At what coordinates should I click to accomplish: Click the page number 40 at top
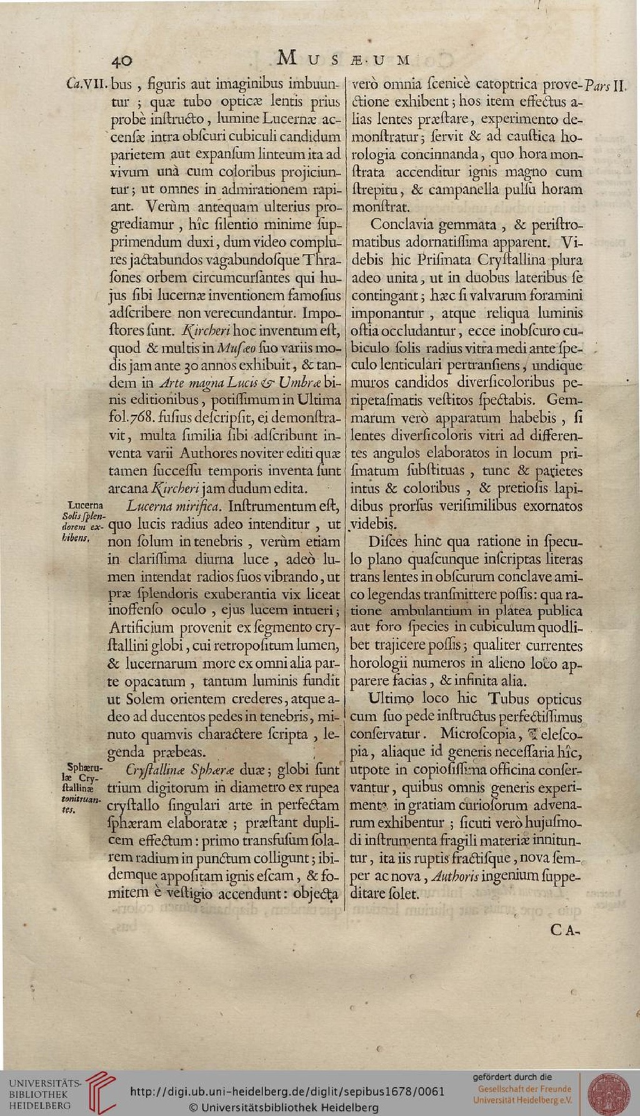click(122, 60)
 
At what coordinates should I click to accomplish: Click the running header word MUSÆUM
click(343, 59)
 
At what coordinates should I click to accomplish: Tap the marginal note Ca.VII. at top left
click(87, 83)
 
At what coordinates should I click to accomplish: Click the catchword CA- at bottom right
click(565, 929)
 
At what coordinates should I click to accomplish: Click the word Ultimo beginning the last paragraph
click(391, 698)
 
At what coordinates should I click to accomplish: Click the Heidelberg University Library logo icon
click(100, 1092)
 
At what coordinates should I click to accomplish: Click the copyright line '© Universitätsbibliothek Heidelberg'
click(284, 1107)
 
